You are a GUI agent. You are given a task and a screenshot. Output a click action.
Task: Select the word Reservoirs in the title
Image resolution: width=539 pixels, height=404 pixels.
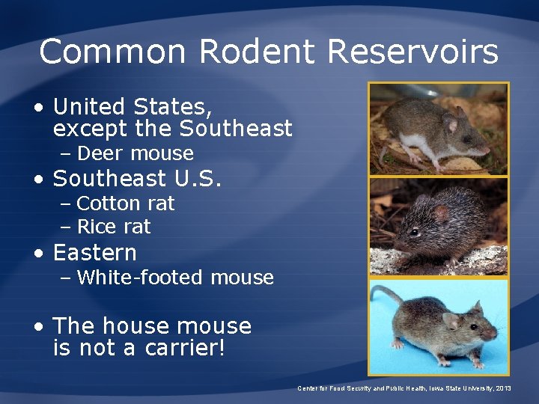pyautogui.click(x=412, y=52)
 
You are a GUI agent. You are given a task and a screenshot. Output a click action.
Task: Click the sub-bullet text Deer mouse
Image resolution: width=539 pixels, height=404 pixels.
pyautogui.click(x=135, y=153)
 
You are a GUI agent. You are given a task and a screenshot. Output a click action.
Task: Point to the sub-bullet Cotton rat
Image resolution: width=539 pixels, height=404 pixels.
pyautogui.click(x=125, y=203)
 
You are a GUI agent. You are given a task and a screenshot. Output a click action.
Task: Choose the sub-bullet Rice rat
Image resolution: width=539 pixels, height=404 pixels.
pyautogui.click(x=114, y=227)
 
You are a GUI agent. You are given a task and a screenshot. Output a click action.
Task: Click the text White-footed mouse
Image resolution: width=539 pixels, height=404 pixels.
pyautogui.click(x=175, y=278)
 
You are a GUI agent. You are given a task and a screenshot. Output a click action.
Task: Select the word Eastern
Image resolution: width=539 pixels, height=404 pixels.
pyautogui.click(x=95, y=253)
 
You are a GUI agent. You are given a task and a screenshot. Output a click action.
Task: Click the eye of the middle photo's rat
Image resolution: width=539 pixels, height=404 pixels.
pyautogui.click(x=414, y=232)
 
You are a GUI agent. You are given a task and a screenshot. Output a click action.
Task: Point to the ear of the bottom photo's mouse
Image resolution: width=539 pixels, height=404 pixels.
pyautogui.click(x=451, y=320)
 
